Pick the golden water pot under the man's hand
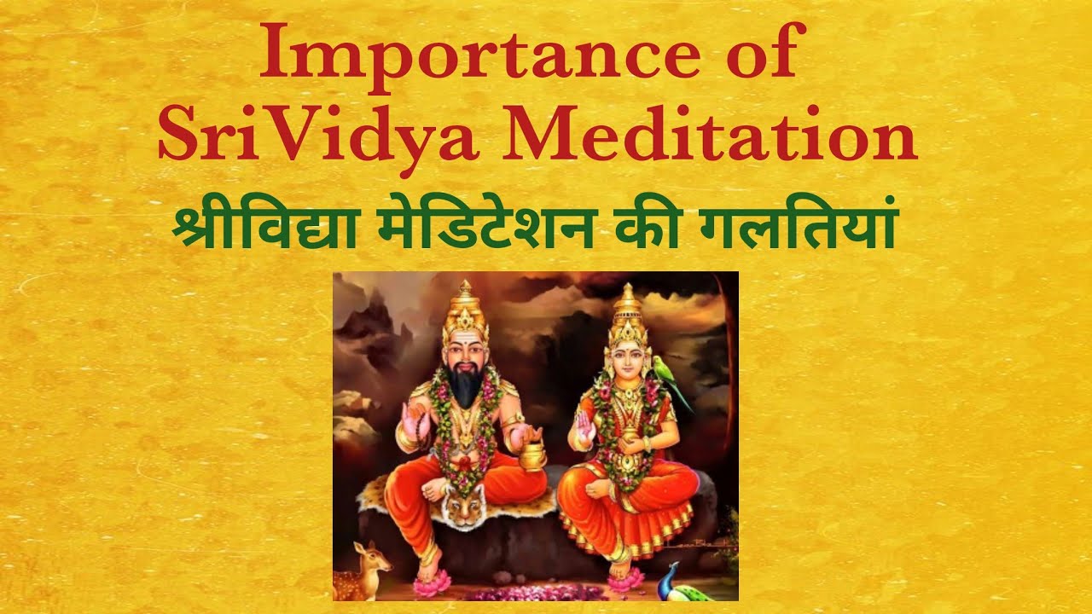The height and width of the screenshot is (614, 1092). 534,455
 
